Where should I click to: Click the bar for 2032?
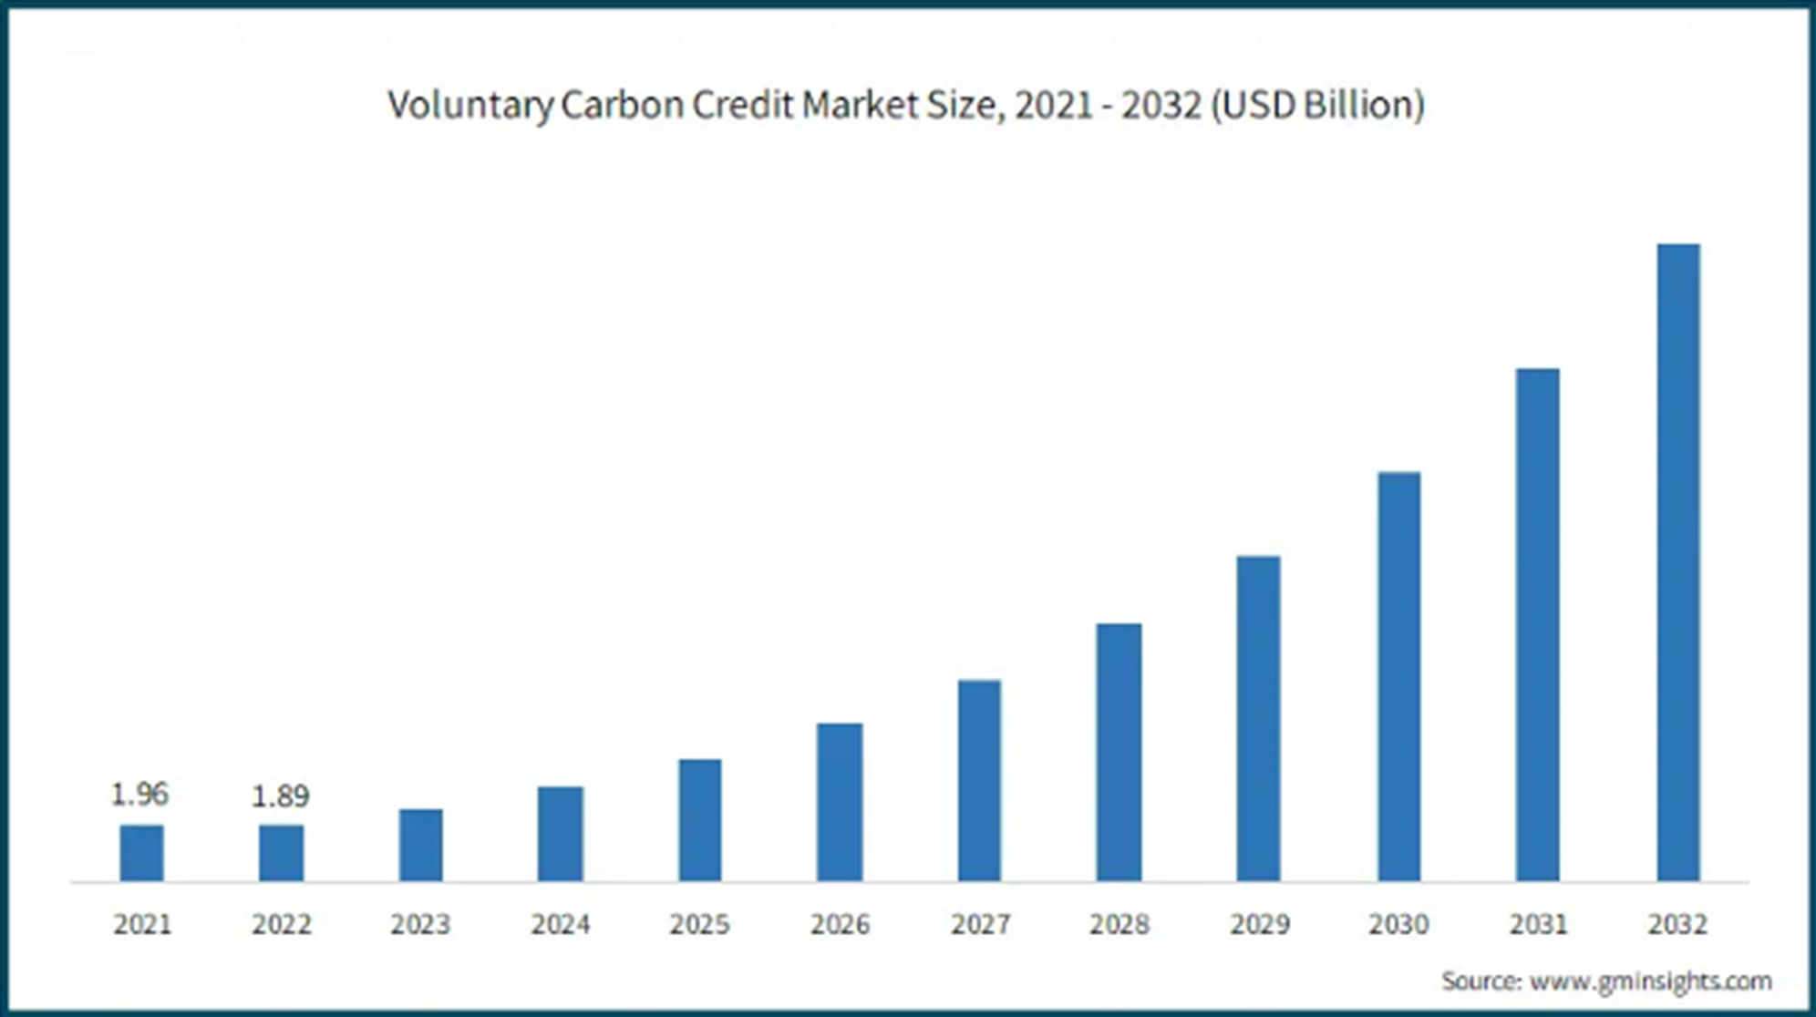(1677, 562)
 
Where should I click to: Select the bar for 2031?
(1537, 624)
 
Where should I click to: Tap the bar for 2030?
(1398, 676)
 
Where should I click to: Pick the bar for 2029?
(1258, 718)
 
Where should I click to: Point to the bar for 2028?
(1119, 752)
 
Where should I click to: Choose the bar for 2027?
(979, 780)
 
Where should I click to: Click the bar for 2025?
(699, 819)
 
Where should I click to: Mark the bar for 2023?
(420, 845)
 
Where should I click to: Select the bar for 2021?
(141, 852)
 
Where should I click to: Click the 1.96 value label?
(139, 795)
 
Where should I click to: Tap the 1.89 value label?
(280, 796)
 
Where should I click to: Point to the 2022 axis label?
(281, 924)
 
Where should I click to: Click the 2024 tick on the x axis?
(560, 924)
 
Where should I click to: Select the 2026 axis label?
(840, 924)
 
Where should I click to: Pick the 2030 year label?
(1398, 924)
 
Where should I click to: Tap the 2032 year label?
(1677, 924)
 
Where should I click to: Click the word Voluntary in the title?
(469, 106)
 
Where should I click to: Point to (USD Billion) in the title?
(1317, 105)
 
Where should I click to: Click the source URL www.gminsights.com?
(1650, 981)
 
